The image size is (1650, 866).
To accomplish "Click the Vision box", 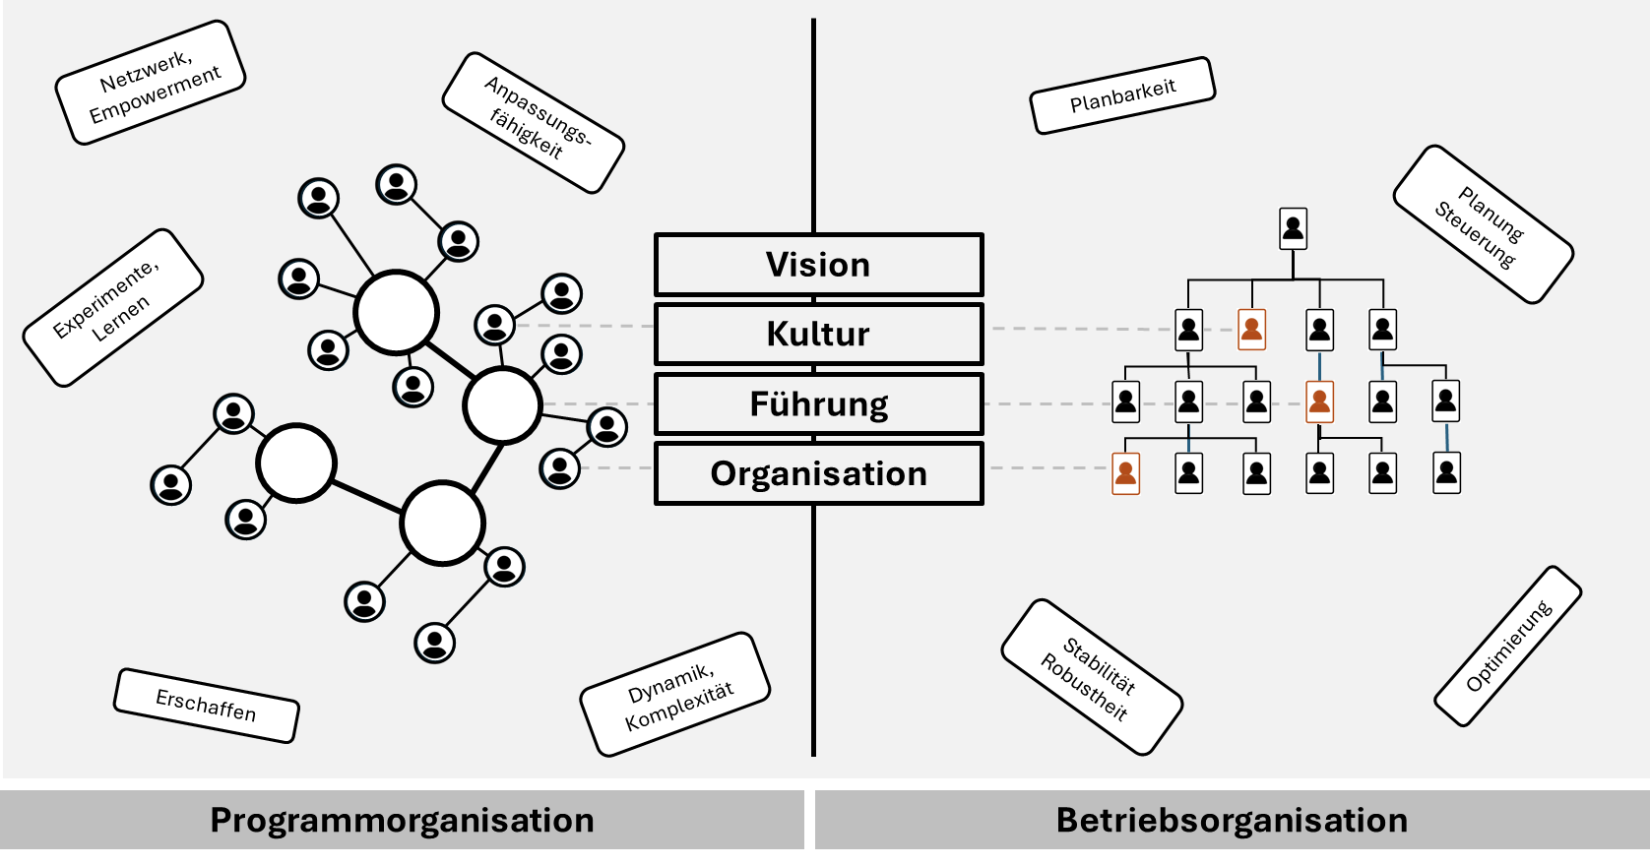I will (x=818, y=265).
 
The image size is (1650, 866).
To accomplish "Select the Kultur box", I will (x=818, y=334).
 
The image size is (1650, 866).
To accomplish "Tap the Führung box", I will (x=818, y=403).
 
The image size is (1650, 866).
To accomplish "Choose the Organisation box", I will (x=818, y=473).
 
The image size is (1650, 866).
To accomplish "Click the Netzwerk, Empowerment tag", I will (x=151, y=83).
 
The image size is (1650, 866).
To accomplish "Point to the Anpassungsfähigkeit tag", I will (x=534, y=123).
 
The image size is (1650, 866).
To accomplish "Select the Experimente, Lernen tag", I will (x=113, y=307).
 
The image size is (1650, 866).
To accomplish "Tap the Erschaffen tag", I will (x=207, y=705).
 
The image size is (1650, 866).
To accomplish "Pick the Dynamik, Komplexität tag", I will (x=675, y=695).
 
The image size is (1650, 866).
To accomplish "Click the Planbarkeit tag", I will (x=1122, y=95).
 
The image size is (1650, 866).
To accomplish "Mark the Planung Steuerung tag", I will (x=1483, y=224).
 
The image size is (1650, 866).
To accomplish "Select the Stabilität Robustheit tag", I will (x=1092, y=677).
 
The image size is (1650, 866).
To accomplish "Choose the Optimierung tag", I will (x=1508, y=646).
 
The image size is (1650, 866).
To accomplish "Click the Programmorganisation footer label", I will (x=402, y=820).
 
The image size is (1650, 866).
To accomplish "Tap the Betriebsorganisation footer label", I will (x=1232, y=820).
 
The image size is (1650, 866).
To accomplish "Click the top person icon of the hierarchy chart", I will (x=1293, y=228).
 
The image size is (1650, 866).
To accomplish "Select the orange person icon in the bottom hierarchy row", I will (x=1125, y=473).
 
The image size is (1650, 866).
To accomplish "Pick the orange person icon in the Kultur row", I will (x=1251, y=329).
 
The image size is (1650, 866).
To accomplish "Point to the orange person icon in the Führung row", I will (x=1319, y=402).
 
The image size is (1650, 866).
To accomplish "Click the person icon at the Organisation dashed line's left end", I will (x=560, y=468).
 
